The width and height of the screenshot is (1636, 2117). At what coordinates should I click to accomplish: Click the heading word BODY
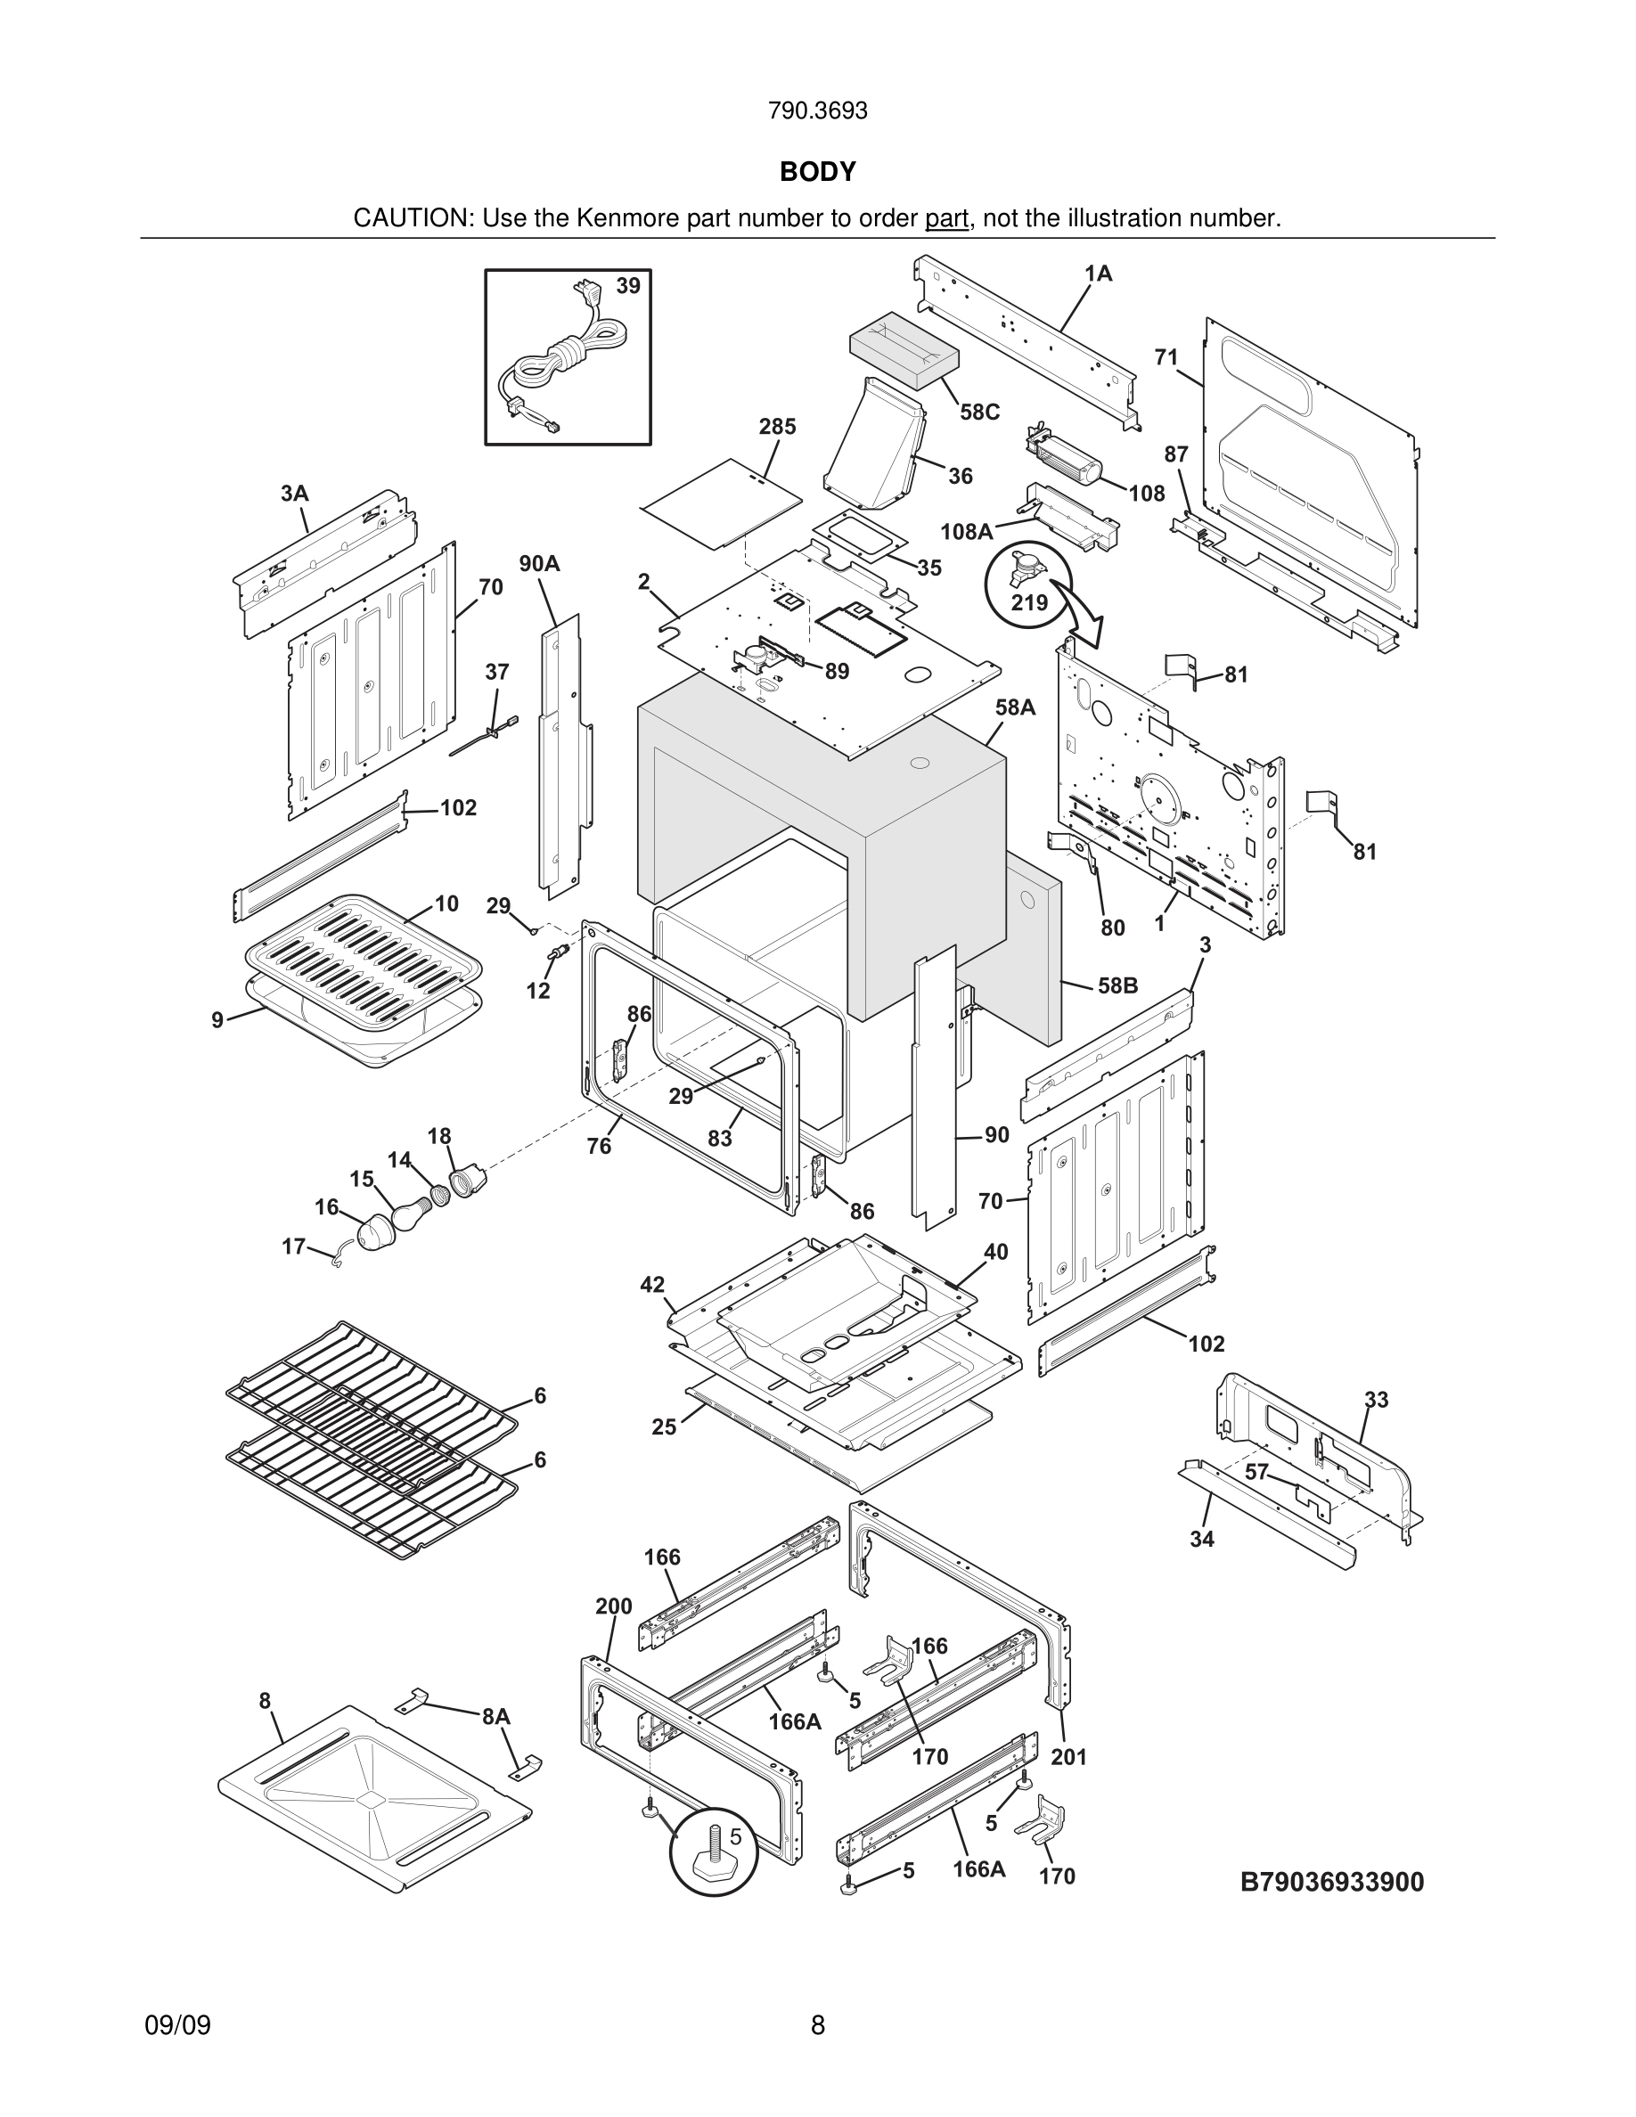(817, 172)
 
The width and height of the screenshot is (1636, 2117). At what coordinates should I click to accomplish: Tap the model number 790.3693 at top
(817, 111)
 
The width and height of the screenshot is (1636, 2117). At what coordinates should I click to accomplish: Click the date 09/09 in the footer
(177, 2025)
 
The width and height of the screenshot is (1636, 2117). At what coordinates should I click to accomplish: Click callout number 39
(628, 286)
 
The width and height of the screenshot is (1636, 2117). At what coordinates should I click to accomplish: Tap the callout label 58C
(979, 412)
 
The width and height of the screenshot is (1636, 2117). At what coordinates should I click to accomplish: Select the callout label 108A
(966, 531)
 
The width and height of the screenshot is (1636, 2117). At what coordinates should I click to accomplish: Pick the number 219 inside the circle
(1029, 603)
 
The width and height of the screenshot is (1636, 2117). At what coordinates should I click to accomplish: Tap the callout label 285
(777, 427)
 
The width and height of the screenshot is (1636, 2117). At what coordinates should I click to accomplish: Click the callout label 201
(1069, 1756)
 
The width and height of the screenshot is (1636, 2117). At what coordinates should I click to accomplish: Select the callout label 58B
(1117, 985)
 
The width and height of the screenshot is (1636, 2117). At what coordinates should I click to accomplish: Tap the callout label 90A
(539, 563)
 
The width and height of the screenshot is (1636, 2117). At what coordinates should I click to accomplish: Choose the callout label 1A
(1098, 274)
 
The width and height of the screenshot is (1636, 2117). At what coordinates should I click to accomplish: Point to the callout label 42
(652, 1284)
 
